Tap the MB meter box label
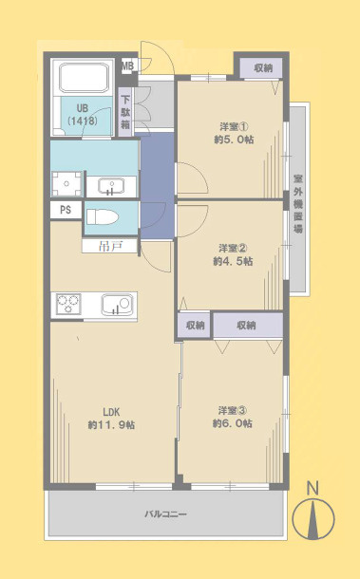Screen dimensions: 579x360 point(128,65)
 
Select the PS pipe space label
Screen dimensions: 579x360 point(65,210)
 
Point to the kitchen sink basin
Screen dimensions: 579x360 point(117,306)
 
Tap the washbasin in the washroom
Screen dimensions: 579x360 point(112,183)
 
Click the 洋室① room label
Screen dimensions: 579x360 point(233,125)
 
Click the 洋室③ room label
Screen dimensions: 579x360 point(233,410)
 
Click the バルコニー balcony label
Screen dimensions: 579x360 point(165,514)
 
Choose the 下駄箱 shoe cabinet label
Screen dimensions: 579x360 point(126,111)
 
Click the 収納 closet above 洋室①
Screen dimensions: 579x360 point(261,67)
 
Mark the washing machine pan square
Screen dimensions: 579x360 point(66,182)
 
